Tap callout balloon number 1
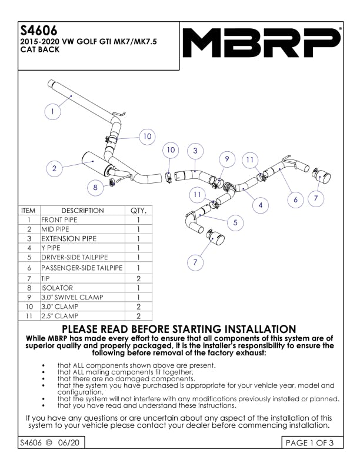53,111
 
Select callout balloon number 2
54,168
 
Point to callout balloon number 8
95,188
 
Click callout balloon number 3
195,151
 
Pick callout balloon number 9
226,159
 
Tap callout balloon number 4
260,205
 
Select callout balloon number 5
235,222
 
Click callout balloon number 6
296,199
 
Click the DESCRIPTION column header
82,211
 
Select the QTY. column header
138,211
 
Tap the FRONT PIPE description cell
60,219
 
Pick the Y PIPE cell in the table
51,248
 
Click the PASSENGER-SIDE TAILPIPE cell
81,268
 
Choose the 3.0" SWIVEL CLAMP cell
68,297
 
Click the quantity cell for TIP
138,278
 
